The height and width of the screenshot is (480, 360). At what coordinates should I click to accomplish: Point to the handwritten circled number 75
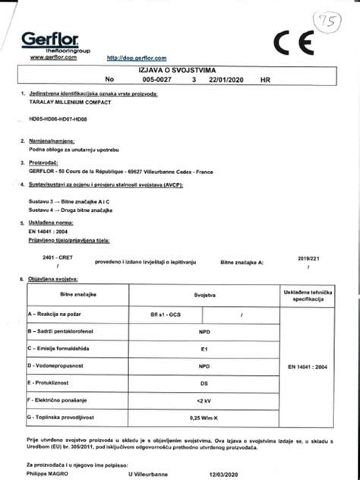click(x=329, y=19)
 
